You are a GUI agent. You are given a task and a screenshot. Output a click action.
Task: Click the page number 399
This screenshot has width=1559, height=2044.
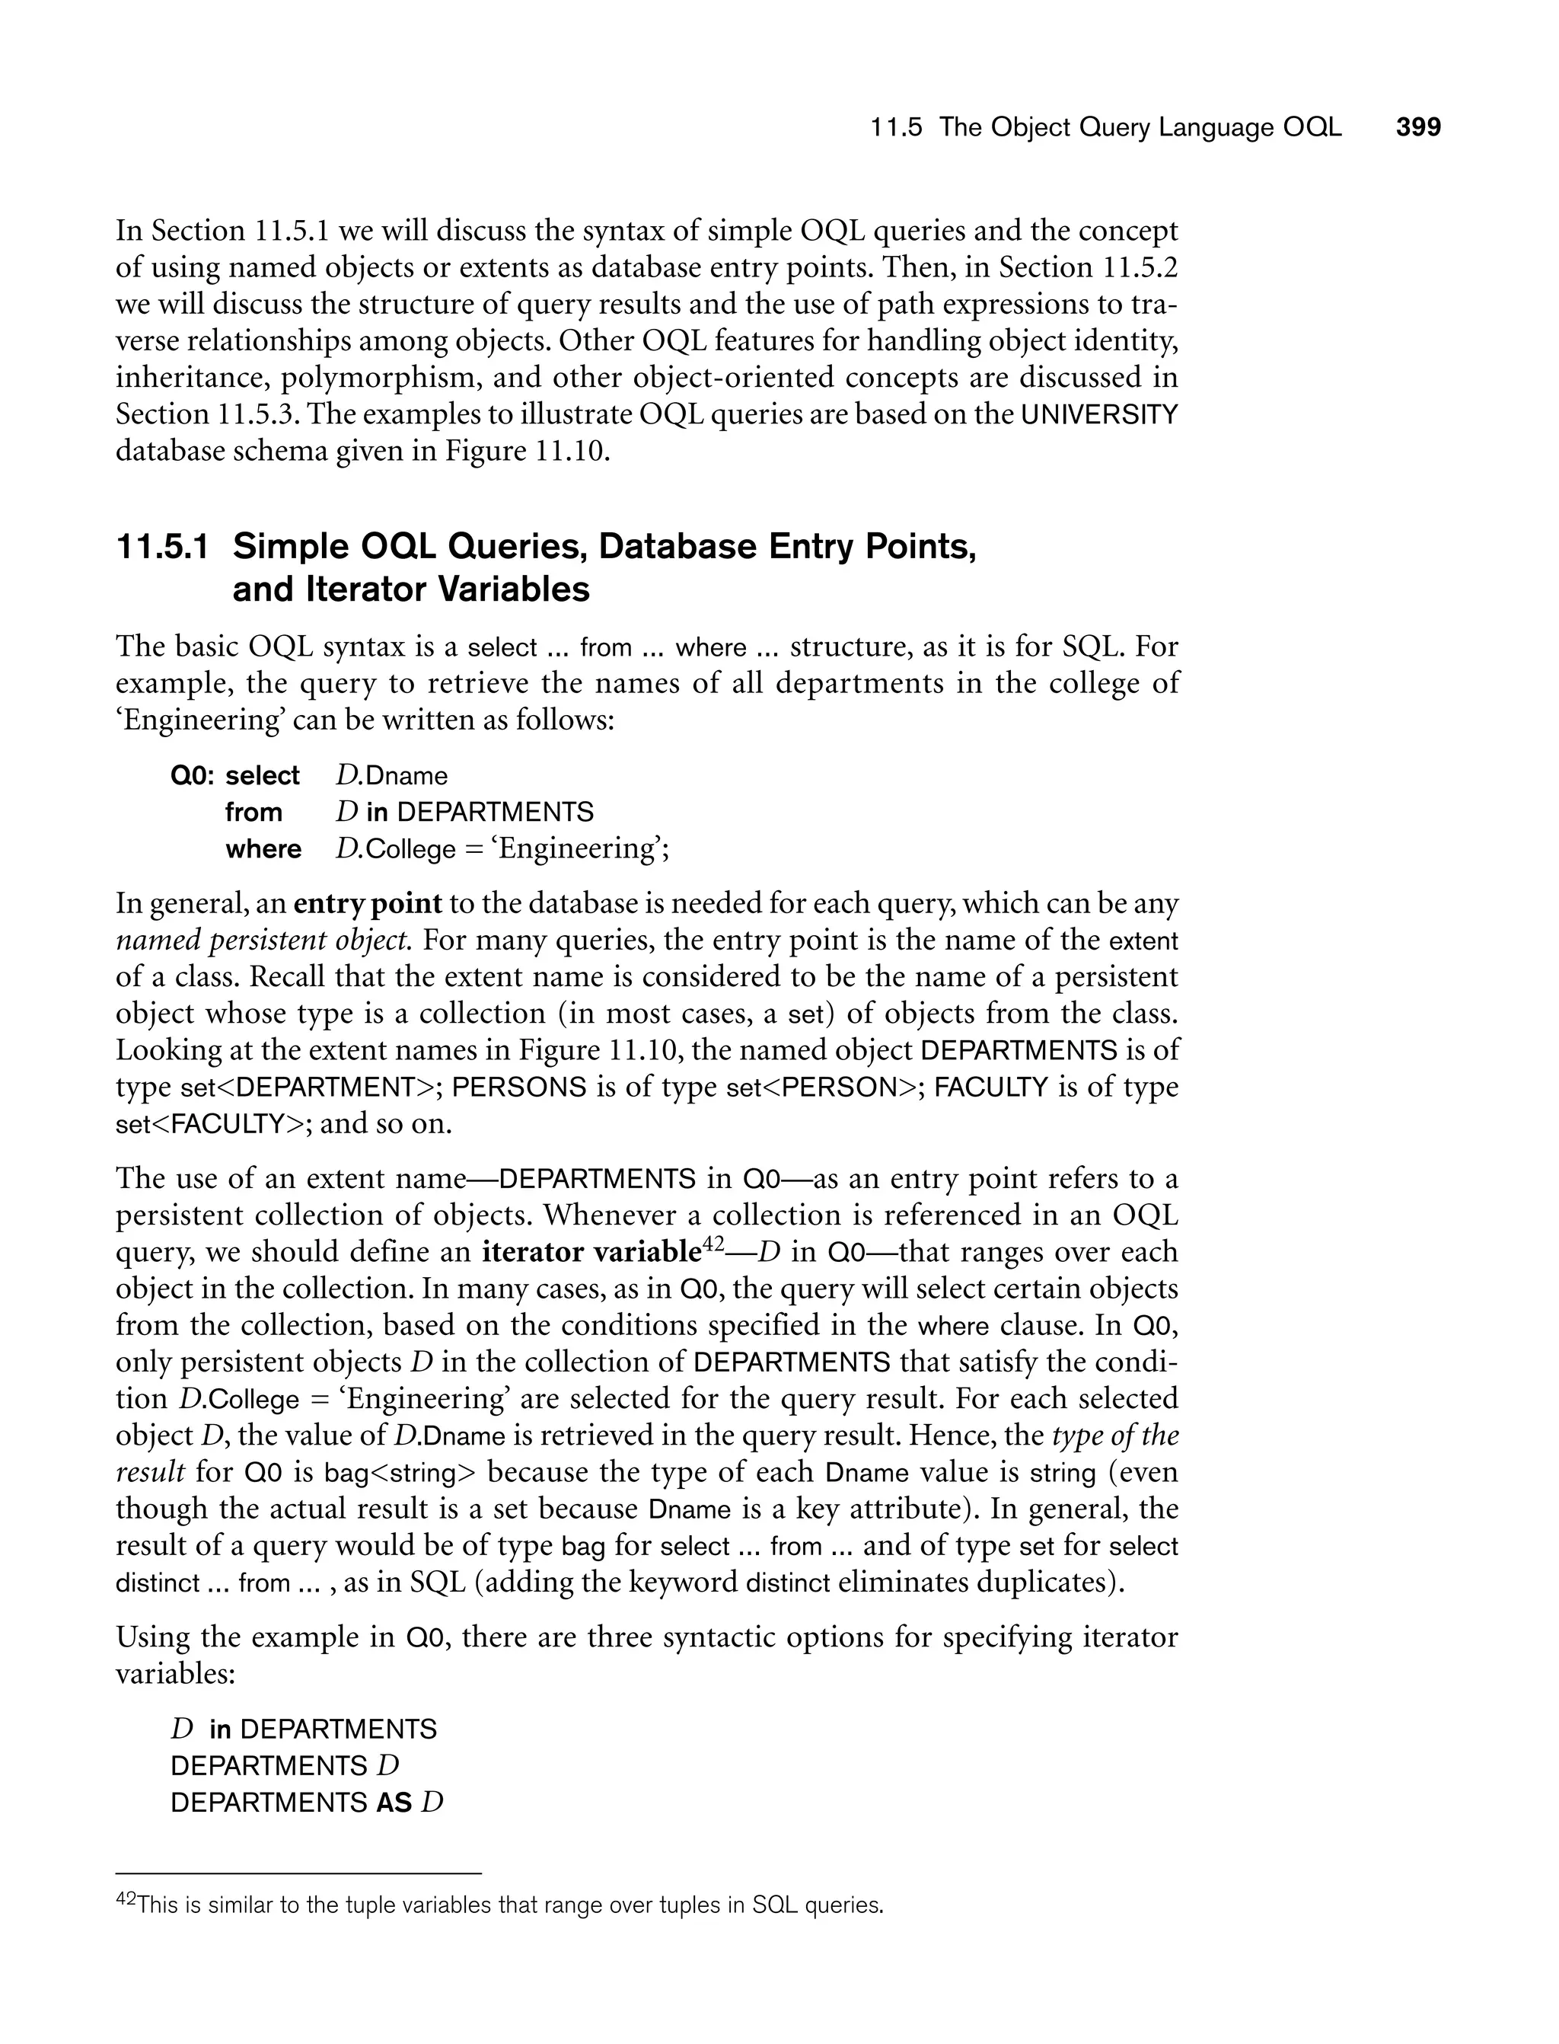(x=1418, y=127)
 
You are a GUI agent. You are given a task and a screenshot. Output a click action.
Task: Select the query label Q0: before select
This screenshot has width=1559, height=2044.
(x=194, y=775)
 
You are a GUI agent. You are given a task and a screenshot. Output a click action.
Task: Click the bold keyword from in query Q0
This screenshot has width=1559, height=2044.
(x=253, y=813)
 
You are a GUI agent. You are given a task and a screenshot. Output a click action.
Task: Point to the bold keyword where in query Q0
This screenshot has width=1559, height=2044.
(x=263, y=849)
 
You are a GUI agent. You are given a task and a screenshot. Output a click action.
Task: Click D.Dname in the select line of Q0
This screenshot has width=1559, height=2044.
(x=391, y=775)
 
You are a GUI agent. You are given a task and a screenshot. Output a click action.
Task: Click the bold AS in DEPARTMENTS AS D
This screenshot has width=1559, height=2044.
(x=394, y=1803)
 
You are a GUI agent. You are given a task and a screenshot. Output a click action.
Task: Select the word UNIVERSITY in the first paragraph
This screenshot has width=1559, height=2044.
(x=1098, y=415)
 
